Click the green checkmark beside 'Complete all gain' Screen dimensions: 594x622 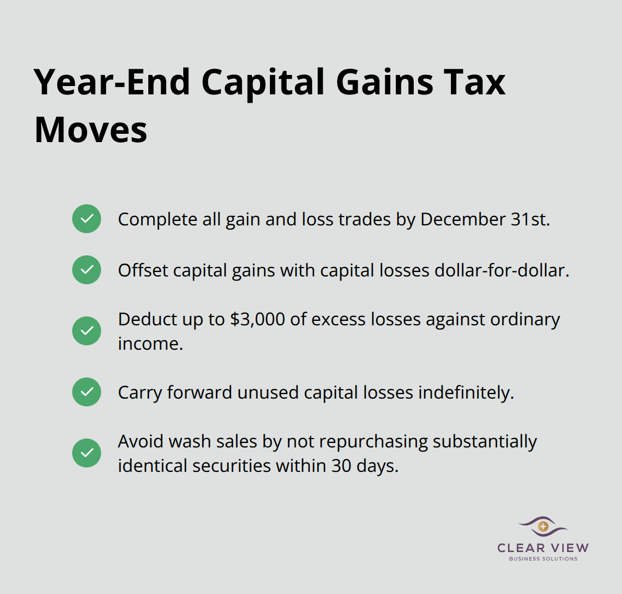87,219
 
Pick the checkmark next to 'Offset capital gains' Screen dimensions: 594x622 87,270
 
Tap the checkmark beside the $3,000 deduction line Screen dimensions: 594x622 87,331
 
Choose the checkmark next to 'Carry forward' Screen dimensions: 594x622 87,392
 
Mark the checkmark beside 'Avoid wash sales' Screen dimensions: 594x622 87,453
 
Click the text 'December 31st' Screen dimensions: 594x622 485,219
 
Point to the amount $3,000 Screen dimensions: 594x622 248,320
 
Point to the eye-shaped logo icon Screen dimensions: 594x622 543,526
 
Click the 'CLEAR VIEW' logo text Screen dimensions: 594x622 543,548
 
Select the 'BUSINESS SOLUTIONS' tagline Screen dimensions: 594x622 543,558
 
